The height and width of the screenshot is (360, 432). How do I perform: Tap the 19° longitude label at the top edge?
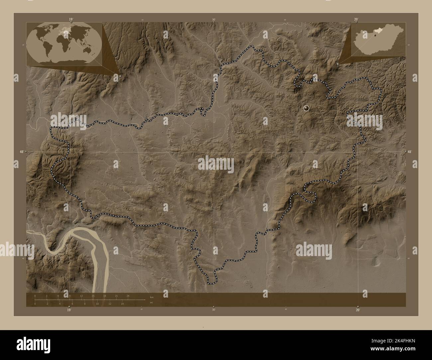70,20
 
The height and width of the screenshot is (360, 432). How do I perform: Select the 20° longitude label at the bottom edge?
358,310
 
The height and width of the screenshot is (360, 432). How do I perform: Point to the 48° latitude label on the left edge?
22,152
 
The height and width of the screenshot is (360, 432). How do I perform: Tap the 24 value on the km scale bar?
128,296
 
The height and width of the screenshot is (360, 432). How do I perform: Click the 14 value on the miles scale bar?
122,304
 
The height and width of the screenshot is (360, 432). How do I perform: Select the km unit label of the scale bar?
152,297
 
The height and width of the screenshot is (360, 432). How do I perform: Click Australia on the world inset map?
88,50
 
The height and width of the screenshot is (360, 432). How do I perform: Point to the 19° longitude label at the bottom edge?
68,310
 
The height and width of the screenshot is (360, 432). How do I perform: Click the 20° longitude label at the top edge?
356,20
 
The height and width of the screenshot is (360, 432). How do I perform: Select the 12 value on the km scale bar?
81,296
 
